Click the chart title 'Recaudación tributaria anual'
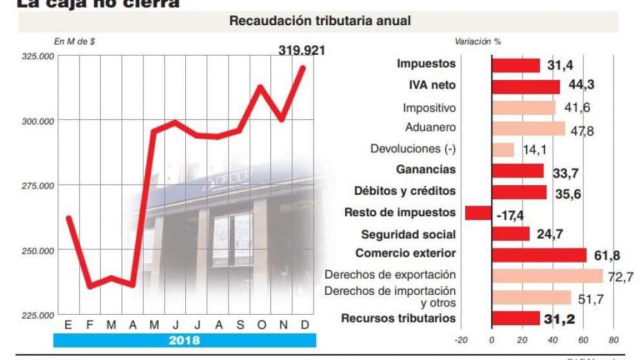coord(320,21)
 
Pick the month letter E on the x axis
coord(68,325)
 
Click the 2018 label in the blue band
coord(185,340)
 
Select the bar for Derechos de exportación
coord(547,276)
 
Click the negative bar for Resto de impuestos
coord(478,213)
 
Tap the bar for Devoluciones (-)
coord(503,150)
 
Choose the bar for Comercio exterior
coord(539,255)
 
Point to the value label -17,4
coord(510,214)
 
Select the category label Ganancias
coord(426,170)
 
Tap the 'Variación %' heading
coord(477,41)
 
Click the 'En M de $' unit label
coord(75,41)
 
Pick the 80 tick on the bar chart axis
coord(613,340)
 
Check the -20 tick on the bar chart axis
coord(461,340)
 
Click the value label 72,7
coord(620,277)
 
